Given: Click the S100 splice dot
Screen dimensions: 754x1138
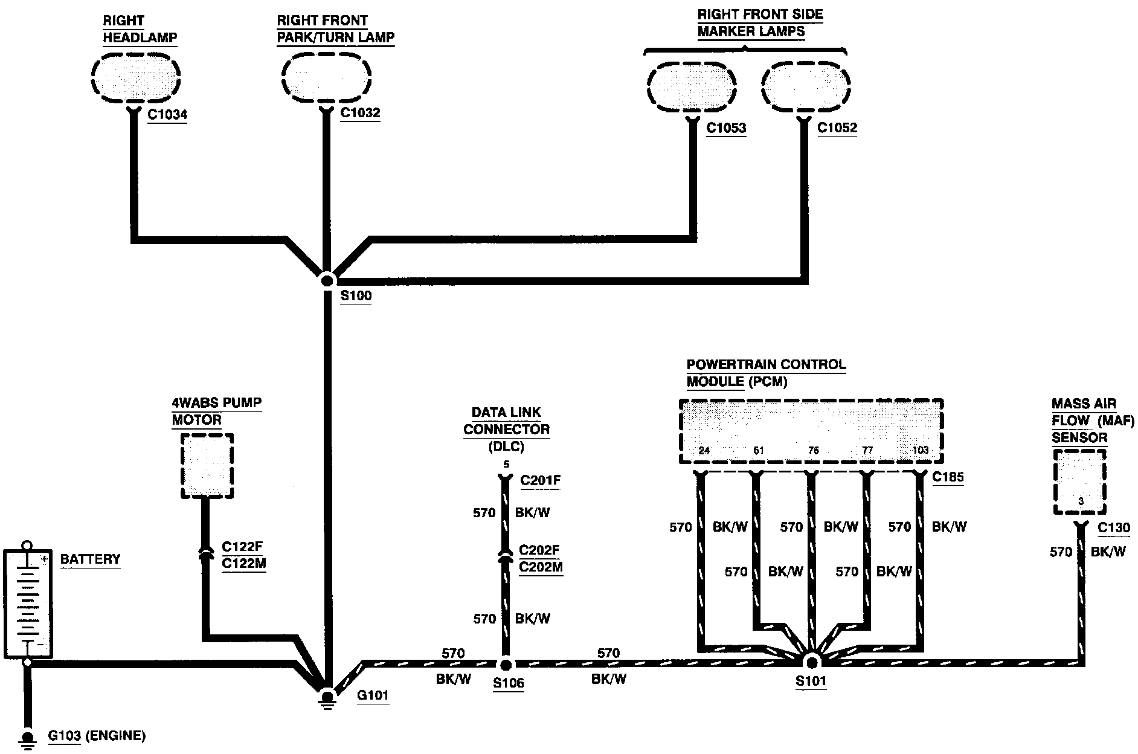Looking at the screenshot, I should [327, 280].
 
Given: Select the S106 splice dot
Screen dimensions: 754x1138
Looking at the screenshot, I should [506, 664].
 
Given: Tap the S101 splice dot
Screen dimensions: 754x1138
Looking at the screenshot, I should [811, 660].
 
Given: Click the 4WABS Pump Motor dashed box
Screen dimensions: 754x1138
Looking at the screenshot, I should [207, 466].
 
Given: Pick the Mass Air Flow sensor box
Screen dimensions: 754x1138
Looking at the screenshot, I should [1079, 482].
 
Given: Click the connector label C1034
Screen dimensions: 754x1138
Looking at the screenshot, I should [167, 114].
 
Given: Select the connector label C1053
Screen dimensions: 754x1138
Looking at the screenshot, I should [726, 128].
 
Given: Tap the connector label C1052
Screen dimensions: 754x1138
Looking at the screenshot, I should [837, 128].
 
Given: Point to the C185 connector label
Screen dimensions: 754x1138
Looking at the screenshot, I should [948, 477].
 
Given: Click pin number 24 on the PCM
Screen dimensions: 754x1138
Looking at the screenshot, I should [704, 450].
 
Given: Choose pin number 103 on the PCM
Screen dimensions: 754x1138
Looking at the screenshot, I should [919, 450].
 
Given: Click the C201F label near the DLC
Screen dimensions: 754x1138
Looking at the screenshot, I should [541, 480].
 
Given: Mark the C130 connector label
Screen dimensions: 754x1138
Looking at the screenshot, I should [1113, 527].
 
